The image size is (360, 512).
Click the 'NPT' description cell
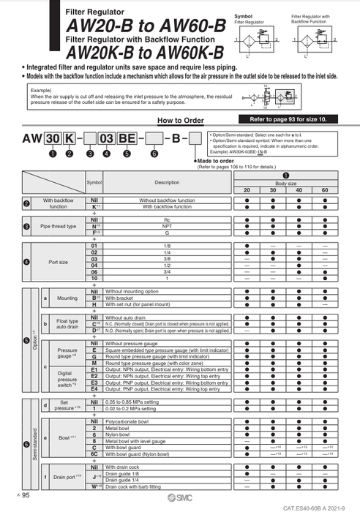[x=167, y=227]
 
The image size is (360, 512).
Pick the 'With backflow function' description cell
[x=167, y=207]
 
